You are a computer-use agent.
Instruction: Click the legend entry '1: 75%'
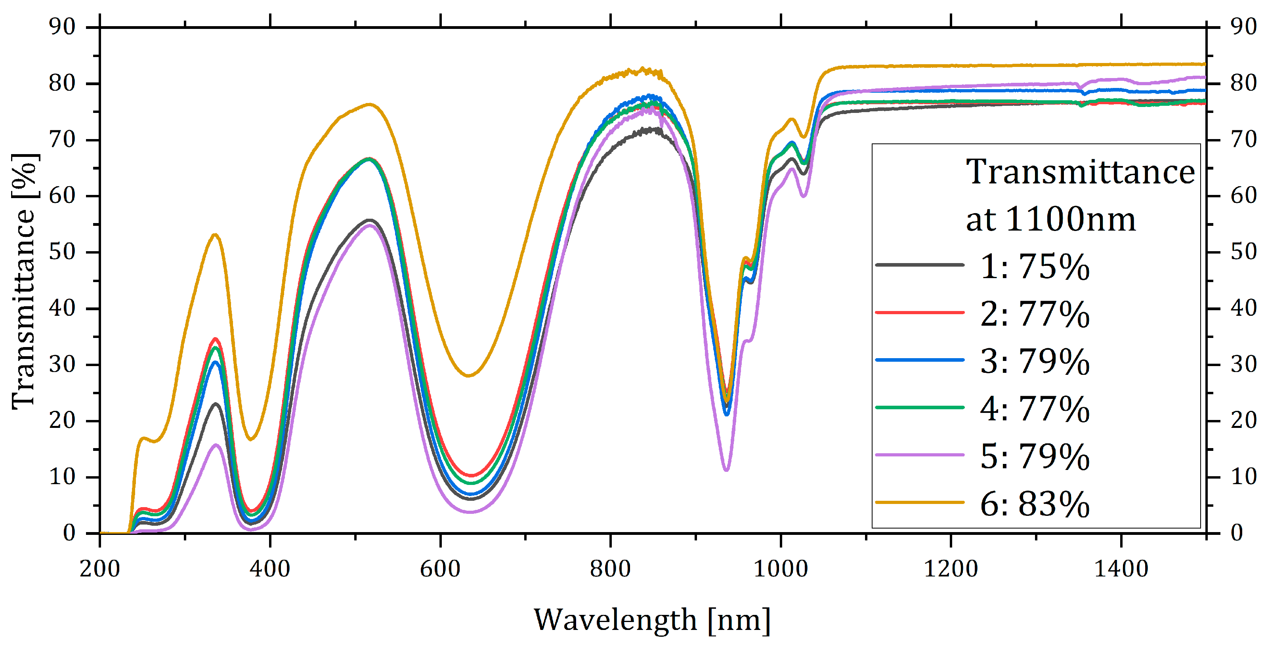(1035, 267)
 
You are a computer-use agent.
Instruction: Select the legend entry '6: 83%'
(1035, 504)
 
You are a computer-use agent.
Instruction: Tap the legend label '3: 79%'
(1035, 362)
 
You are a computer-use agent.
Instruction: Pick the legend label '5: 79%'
(1035, 457)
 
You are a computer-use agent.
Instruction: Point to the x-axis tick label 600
(440, 569)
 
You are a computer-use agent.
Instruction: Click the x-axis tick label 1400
(1121, 569)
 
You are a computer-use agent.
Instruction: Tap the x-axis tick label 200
(100, 569)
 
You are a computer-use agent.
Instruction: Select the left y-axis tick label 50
(62, 252)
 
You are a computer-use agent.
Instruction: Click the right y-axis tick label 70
(1243, 139)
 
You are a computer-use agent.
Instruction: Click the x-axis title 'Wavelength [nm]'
(652, 620)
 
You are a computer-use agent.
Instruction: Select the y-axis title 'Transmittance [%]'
(24, 281)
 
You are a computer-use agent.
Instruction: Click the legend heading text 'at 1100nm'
(1051, 219)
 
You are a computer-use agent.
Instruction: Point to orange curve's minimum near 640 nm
(468, 376)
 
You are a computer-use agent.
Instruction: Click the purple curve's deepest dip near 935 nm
(726, 470)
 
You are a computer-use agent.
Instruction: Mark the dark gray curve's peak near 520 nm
(370, 219)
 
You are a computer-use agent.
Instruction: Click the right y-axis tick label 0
(1237, 533)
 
